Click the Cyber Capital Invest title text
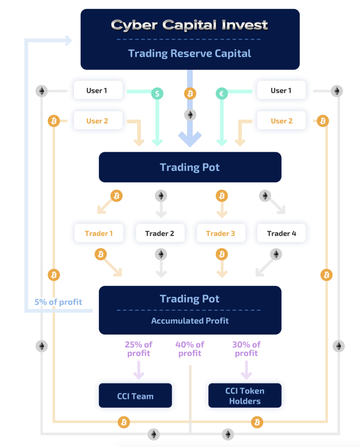point(189,25)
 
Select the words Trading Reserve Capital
point(189,54)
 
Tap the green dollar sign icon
point(157,94)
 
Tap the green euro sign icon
point(222,94)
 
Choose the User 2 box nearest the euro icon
point(281,121)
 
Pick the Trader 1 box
point(99,233)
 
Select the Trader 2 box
point(160,233)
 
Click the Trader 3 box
point(221,233)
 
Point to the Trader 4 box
point(281,233)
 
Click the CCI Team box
point(135,395)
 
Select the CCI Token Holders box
point(245,395)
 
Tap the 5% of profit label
point(58,302)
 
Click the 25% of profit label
point(139,349)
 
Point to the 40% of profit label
point(190,349)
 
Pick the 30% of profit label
point(247,349)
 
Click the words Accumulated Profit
point(190,321)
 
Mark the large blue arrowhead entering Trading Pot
point(190,139)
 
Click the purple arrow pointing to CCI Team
point(139,370)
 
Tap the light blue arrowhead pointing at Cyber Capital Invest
point(68,41)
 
